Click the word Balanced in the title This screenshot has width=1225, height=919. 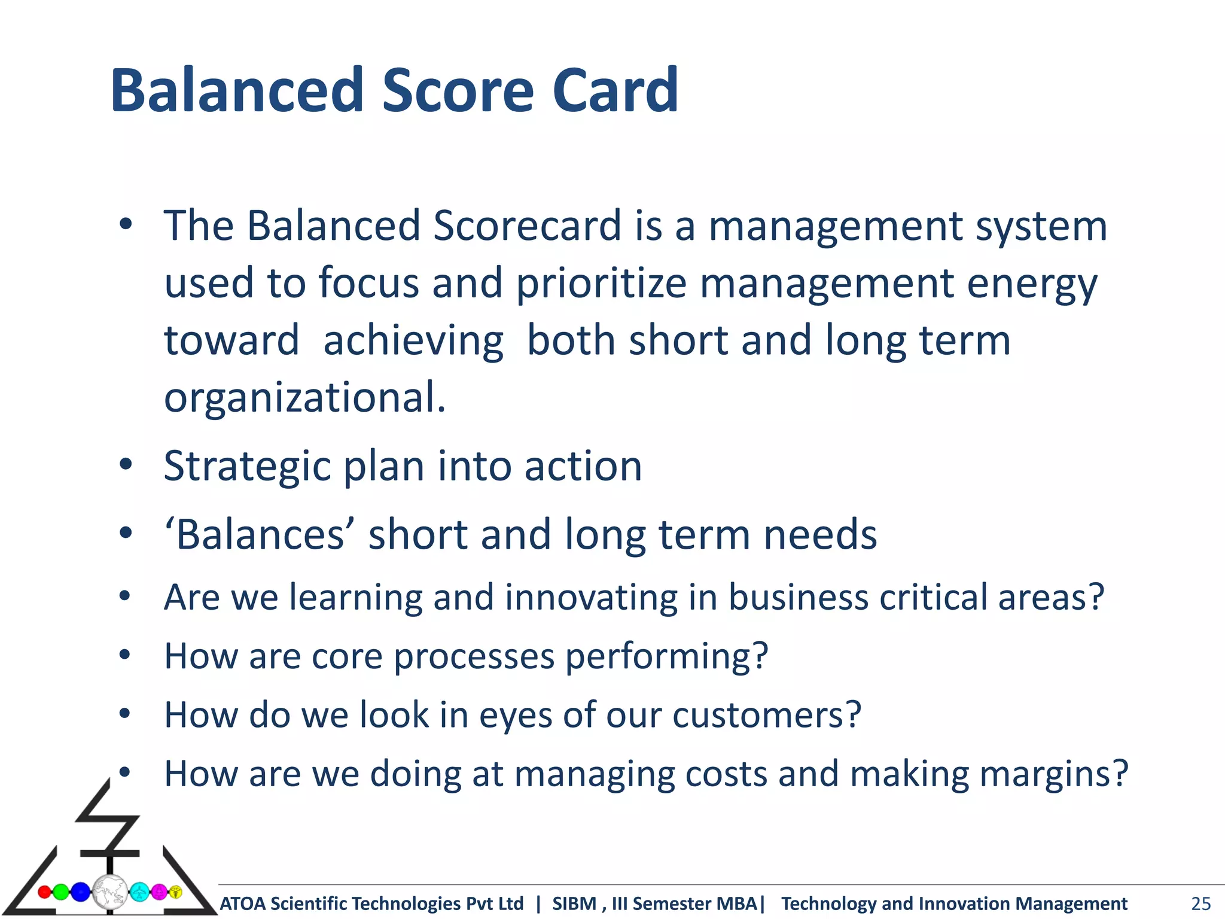(x=237, y=91)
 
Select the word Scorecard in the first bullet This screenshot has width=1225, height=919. (x=527, y=226)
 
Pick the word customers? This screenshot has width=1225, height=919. (x=766, y=715)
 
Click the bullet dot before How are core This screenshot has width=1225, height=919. (x=124, y=654)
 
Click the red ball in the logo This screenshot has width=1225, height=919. (x=45, y=892)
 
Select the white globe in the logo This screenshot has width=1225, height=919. (x=110, y=892)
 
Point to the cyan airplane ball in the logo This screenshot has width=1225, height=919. (x=140, y=892)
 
